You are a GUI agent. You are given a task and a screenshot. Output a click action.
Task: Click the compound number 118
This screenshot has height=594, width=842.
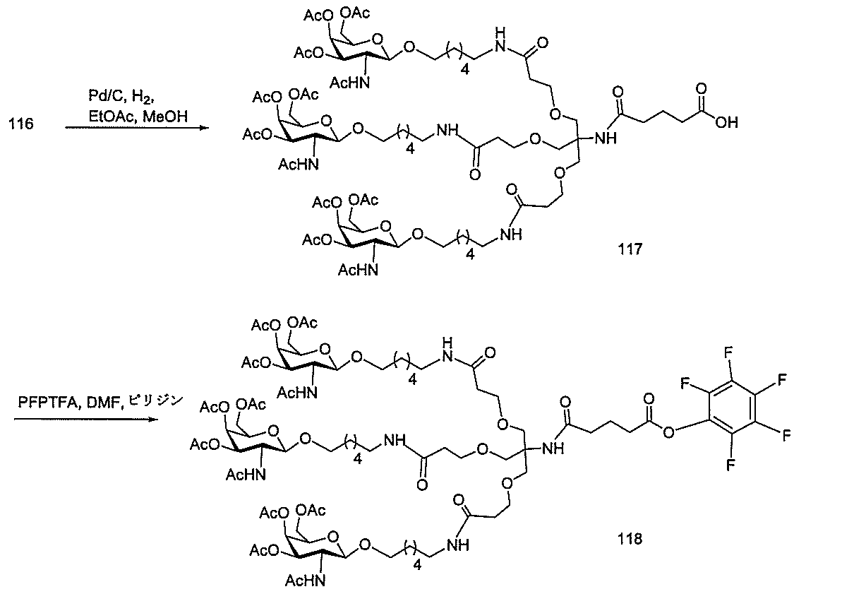[628, 540]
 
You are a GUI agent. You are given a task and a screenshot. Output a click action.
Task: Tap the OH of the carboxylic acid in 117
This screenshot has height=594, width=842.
[727, 123]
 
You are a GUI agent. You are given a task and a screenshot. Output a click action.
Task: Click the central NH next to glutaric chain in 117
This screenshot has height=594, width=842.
[605, 139]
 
